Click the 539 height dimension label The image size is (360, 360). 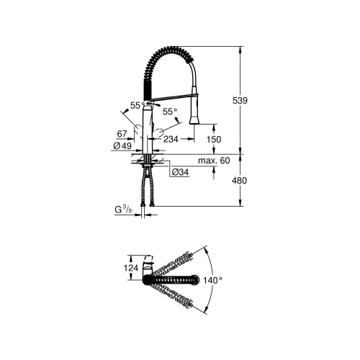tap(240, 100)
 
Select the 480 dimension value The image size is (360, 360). tap(239, 181)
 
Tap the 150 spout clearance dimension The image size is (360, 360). tap(214, 139)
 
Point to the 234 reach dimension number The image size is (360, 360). tap(171, 139)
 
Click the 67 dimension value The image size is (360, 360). tap(122, 134)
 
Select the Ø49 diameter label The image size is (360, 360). tap(122, 145)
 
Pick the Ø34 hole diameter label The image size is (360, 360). tap(181, 172)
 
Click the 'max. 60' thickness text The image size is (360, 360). tap(214, 161)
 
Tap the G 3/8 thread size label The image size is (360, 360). tap(123, 210)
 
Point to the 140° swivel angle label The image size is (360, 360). tap(212, 280)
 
